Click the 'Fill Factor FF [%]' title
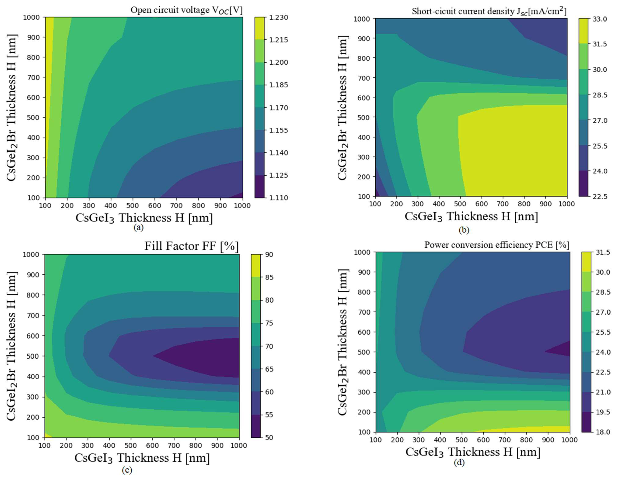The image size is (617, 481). click(x=191, y=246)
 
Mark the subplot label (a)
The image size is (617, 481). click(x=138, y=227)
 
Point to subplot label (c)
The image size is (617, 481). click(x=127, y=470)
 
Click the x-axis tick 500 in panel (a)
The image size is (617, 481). click(x=133, y=206)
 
